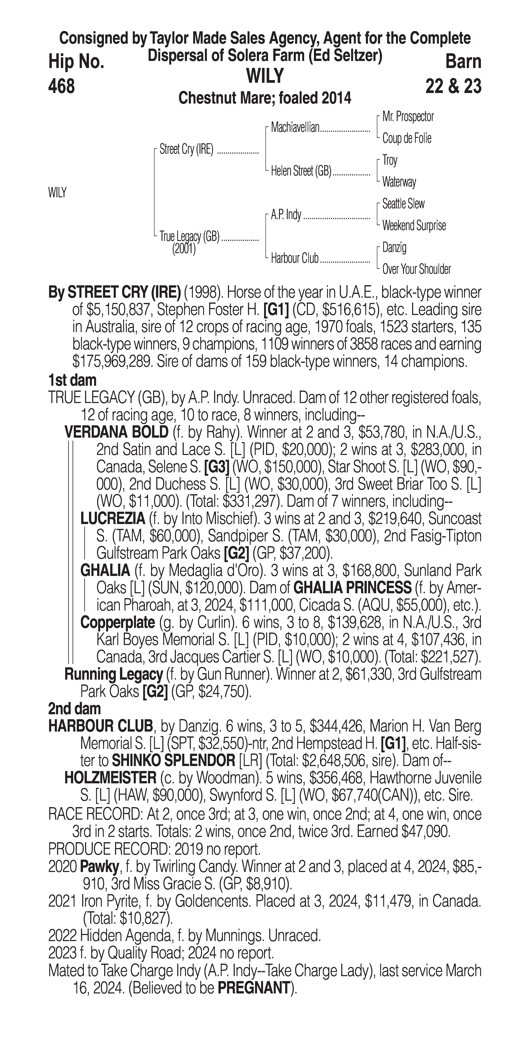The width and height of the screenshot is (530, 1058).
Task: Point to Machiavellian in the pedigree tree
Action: click(295, 128)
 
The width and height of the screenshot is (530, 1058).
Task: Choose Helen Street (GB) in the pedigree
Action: click(301, 171)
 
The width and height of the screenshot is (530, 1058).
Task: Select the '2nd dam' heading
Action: click(74, 709)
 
